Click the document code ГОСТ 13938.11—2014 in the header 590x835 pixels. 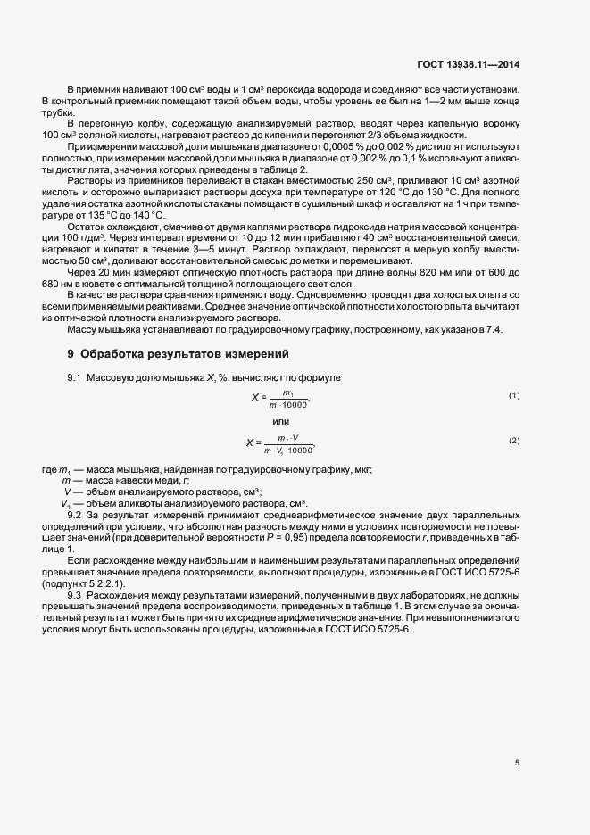[482, 64]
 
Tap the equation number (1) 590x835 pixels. [514, 394]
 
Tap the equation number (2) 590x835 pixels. [514, 441]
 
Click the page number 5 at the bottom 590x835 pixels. [517, 762]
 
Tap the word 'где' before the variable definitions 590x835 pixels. [51, 469]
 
